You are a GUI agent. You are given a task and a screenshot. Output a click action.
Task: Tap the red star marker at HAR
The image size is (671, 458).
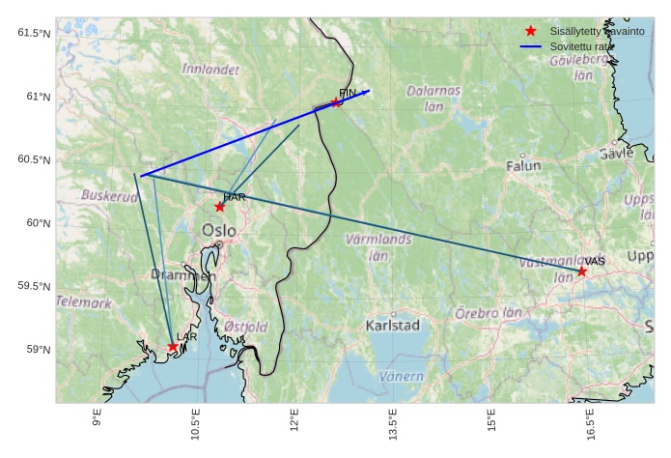[220, 207]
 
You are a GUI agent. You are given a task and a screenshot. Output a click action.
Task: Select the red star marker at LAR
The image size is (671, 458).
[173, 347]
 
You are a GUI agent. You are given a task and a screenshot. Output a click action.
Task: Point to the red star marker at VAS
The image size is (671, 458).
[581, 272]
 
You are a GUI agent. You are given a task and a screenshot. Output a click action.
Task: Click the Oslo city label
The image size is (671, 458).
[219, 230]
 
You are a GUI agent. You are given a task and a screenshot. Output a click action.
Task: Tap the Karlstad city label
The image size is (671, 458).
[393, 326]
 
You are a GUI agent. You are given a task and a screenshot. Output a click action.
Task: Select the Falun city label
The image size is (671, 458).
[524, 166]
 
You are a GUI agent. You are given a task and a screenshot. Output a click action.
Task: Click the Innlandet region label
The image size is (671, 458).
[210, 70]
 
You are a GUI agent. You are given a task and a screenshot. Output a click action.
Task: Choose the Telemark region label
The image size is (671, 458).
[84, 302]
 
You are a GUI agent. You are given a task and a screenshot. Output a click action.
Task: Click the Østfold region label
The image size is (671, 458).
[245, 328]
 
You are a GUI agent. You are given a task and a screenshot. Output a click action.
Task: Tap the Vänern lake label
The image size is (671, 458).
[402, 376]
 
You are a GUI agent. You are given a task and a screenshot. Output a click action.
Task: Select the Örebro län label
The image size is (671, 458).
[489, 313]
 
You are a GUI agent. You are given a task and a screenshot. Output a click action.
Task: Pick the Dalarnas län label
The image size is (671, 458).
[433, 98]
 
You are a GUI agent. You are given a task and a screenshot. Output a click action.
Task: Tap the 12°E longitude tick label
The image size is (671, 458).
[294, 424]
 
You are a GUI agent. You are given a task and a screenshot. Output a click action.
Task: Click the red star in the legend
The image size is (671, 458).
[530, 31]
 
